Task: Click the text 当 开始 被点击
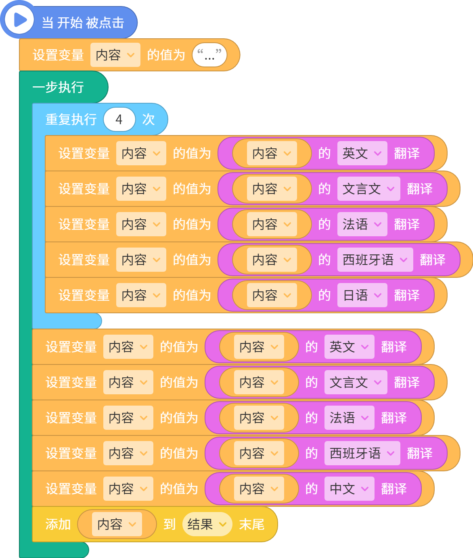83,23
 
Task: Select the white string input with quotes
209,55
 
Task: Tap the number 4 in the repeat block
119,119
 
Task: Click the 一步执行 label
58,87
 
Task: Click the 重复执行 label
71,119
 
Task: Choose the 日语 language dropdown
362,295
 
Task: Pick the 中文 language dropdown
349,489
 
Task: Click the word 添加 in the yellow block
58,524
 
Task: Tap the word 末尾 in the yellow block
252,524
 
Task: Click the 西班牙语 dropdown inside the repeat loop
375,260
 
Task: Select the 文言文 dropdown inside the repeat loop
368,189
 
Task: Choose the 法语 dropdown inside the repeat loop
362,224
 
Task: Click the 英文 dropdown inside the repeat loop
362,153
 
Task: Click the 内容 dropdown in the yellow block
117,524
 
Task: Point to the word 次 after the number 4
149,119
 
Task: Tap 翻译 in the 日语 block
407,295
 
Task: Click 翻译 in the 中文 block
394,489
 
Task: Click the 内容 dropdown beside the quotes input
115,55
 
